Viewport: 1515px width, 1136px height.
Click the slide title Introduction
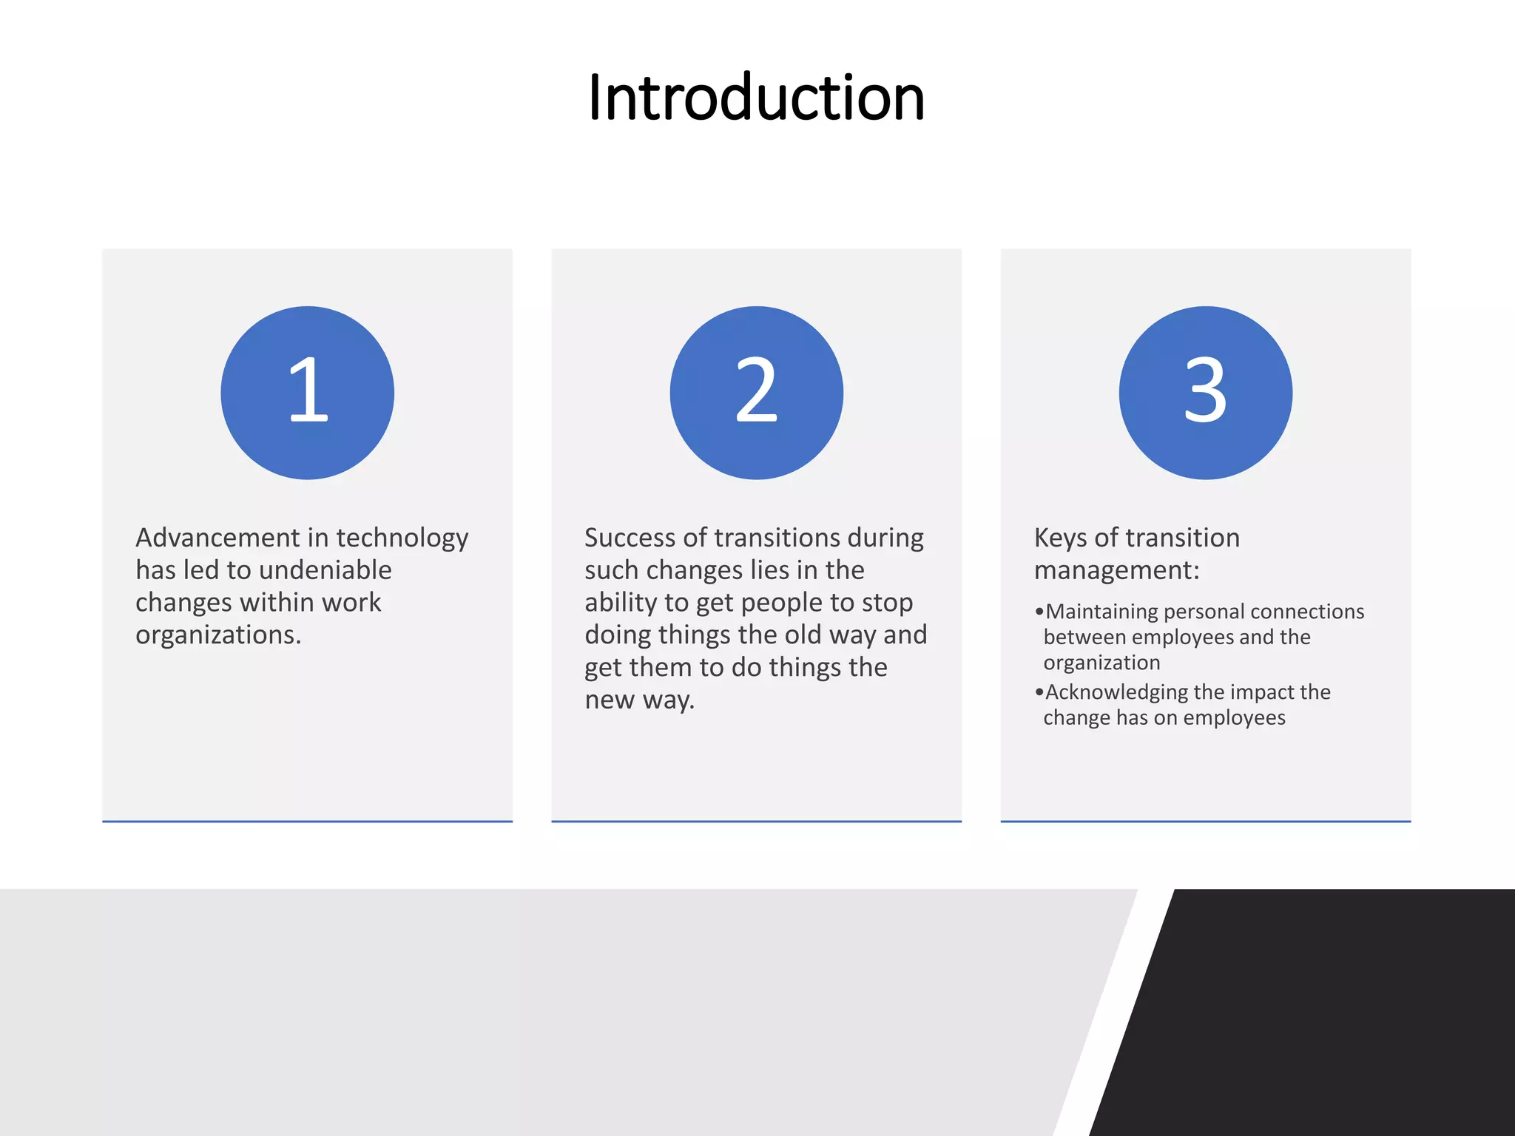756,98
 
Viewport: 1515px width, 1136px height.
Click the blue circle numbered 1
307,393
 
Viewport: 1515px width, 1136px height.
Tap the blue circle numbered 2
756,393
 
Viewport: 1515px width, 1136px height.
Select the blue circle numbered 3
1205,393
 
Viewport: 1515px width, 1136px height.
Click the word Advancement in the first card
217,538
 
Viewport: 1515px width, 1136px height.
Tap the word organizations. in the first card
218,635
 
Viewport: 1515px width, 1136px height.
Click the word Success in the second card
629,538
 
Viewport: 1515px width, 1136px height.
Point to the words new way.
638,700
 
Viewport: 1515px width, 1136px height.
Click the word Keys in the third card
1060,538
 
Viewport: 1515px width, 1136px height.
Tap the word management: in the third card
1116,571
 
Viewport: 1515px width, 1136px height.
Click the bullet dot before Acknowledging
1039,692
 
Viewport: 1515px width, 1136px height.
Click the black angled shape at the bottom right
1332,1021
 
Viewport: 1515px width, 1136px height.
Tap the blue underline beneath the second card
756,821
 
